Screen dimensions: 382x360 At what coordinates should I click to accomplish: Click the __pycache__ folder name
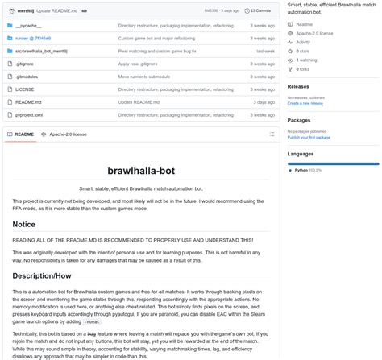(x=28, y=26)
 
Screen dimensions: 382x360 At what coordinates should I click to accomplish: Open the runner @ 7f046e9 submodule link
(x=34, y=38)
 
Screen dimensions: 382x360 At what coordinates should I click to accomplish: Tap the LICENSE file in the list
(x=24, y=89)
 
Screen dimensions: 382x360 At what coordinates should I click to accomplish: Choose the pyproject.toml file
(x=28, y=115)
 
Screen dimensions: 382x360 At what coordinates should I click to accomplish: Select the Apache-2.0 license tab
(x=68, y=134)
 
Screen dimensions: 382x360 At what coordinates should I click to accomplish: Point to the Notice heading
(x=23, y=224)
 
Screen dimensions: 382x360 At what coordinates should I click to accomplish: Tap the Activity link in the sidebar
(x=304, y=42)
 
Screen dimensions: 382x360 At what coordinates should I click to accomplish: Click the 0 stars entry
(x=304, y=51)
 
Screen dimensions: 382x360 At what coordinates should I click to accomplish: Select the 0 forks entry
(x=304, y=68)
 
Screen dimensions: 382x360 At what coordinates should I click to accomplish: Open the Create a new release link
(x=306, y=103)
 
